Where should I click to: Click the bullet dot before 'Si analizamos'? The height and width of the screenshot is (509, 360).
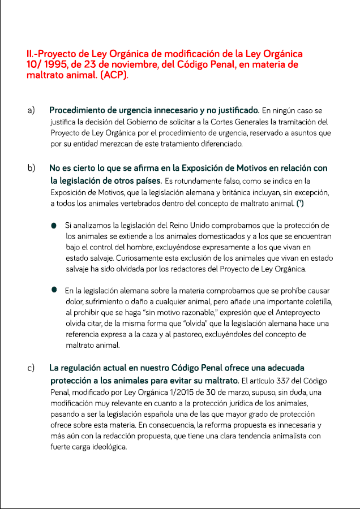pos(54,226)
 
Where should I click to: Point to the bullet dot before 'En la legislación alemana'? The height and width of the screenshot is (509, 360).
pos(54,289)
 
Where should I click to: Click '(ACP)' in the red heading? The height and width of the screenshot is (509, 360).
pos(114,75)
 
